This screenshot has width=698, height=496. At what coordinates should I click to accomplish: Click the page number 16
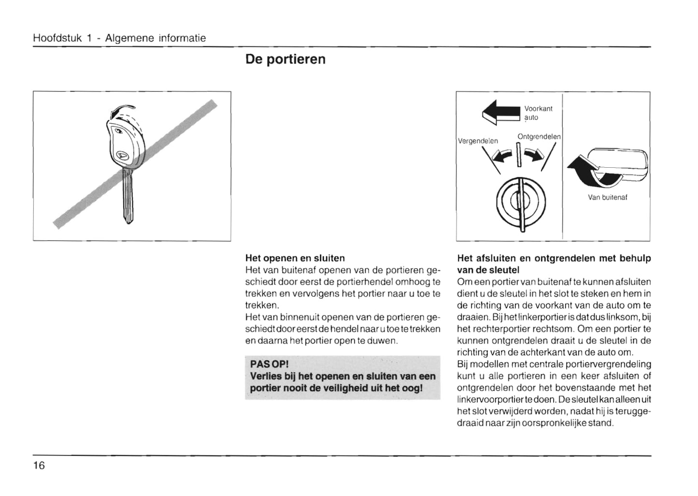(39, 466)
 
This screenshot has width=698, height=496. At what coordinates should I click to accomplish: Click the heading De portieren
(285, 59)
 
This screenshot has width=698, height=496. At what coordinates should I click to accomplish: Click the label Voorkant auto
(538, 113)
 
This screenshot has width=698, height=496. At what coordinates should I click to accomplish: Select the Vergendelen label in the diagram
(478, 141)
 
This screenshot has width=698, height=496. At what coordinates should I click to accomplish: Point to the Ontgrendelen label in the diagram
(539, 137)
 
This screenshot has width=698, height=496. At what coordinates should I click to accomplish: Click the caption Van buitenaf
(607, 197)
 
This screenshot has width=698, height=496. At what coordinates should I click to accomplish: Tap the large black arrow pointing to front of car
(502, 112)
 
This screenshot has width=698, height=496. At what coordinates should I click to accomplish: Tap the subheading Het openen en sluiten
(295, 258)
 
